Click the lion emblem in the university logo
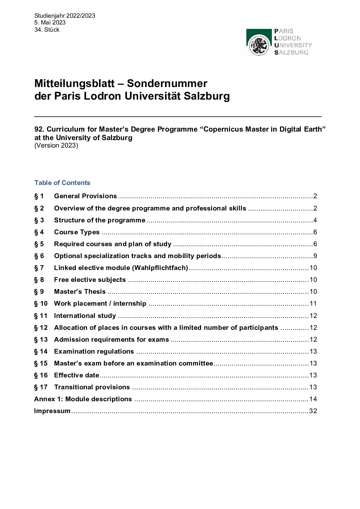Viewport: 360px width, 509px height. [259, 45]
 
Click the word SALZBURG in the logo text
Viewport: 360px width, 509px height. [291, 52]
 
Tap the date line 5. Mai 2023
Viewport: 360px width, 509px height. [50, 22]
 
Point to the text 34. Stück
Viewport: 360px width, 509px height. [47, 30]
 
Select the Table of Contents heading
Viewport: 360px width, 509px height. [62, 183]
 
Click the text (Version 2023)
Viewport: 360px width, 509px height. [56, 145]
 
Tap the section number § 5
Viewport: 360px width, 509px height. [39, 244]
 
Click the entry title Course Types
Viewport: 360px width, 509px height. [77, 232]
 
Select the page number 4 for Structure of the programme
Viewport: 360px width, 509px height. [315, 220]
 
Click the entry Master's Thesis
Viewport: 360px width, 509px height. [80, 291]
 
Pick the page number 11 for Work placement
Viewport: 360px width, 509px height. [313, 303]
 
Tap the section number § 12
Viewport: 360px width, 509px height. [41, 327]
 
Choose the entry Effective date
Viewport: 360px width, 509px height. [77, 375]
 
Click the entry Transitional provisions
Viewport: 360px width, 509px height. [92, 387]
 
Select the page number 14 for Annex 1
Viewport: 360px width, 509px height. [313, 399]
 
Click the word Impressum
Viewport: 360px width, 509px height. [52, 411]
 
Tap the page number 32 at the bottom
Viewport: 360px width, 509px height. [313, 411]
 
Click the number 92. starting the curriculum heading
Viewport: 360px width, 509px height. [39, 129]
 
